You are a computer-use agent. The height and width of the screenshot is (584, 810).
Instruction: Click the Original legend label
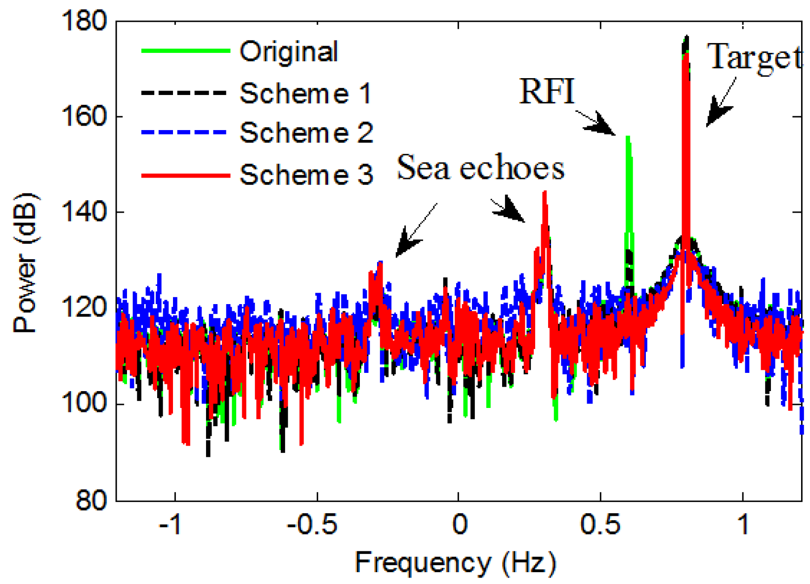point(288,52)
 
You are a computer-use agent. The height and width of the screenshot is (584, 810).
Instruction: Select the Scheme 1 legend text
point(305,93)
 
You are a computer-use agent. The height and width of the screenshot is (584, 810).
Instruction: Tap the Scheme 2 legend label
point(306,133)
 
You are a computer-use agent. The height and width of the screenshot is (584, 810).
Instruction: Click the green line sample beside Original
point(185,51)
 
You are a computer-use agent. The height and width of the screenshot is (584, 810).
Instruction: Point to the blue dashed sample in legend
point(184,133)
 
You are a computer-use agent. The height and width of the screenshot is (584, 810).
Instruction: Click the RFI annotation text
point(547,91)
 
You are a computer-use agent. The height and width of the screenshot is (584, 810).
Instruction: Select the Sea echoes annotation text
point(480,168)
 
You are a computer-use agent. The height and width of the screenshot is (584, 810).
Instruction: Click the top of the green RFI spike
point(628,138)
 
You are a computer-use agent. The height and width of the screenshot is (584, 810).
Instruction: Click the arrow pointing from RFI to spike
point(598,124)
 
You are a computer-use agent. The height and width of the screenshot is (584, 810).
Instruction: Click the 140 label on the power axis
point(84,213)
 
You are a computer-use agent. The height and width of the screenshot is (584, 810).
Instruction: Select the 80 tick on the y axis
point(91,500)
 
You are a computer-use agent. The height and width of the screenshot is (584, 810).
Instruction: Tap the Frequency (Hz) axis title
point(455,563)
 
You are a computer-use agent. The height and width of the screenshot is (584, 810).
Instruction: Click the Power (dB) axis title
point(25,262)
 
